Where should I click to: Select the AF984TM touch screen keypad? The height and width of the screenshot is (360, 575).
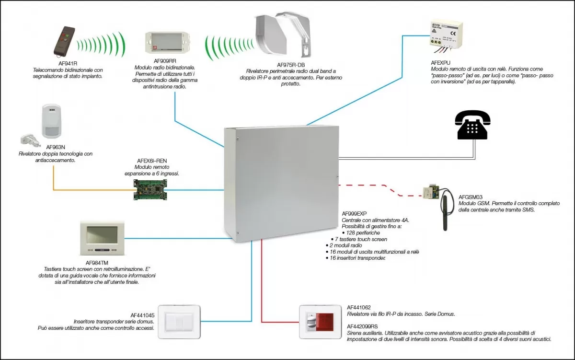pos(101,238)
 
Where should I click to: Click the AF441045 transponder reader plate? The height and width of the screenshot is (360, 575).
pos(179,321)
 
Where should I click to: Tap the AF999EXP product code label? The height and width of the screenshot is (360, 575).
pos(354,213)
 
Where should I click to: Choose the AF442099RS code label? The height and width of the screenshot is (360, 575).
pos(362,326)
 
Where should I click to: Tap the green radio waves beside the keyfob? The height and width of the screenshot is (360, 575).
pos(102,44)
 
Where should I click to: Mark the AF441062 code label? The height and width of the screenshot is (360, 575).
pos(359,307)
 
